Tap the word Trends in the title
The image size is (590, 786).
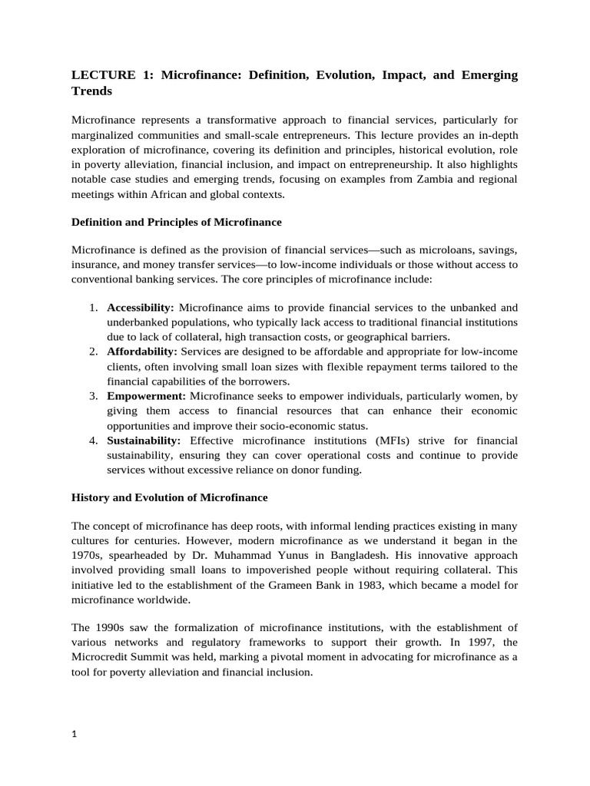tap(91, 91)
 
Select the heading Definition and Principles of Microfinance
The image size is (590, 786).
tap(176, 223)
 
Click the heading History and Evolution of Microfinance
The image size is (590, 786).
tap(169, 497)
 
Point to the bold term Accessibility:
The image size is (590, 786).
tap(141, 308)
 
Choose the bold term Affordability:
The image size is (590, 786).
tap(142, 351)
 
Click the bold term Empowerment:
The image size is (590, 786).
tap(146, 396)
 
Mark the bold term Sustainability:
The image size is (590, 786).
tap(144, 441)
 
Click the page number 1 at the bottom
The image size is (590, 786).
tap(75, 734)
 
